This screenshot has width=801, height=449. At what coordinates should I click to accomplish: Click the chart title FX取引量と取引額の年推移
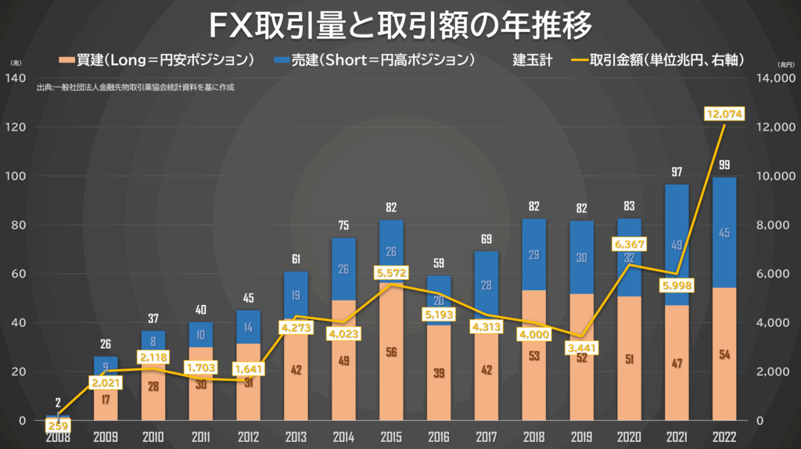(400, 25)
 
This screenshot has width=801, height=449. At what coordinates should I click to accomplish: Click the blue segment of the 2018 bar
(533, 254)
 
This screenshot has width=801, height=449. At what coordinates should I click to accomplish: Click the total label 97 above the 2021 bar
(677, 171)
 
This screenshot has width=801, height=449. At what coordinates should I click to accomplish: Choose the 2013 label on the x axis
(296, 436)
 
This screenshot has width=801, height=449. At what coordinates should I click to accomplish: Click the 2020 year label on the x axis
(629, 436)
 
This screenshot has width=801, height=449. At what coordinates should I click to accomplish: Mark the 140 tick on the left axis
(16, 77)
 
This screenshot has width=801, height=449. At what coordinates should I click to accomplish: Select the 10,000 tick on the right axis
(774, 176)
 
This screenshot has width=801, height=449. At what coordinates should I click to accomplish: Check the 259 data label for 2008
(56, 426)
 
